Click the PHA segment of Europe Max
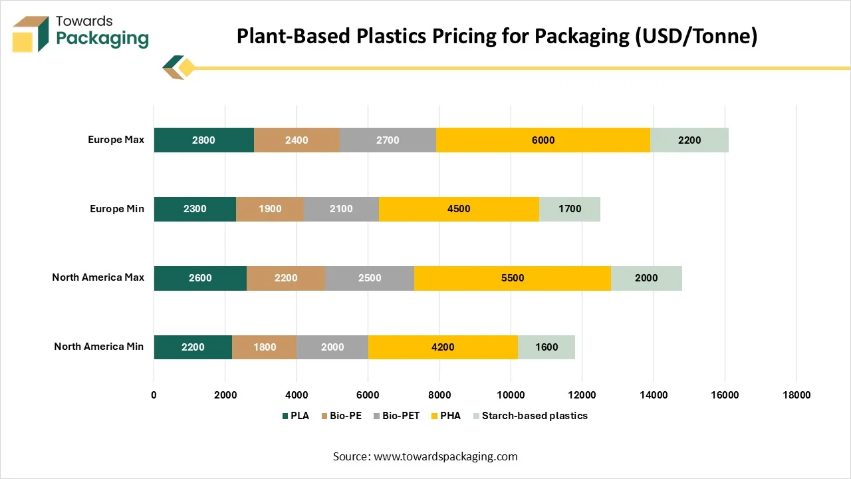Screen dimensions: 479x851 (x=543, y=140)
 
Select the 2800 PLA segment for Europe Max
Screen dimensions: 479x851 (x=203, y=140)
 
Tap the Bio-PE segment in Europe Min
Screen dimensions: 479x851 (x=269, y=209)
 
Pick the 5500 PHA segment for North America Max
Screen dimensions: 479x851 (x=512, y=278)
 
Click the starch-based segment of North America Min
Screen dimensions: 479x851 (x=546, y=347)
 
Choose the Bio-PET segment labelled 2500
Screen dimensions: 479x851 (x=370, y=278)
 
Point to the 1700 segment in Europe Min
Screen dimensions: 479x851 (x=569, y=209)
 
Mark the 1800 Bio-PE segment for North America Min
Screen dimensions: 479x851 (x=264, y=347)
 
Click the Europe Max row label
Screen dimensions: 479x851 (x=116, y=140)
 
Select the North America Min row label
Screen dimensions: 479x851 (x=98, y=347)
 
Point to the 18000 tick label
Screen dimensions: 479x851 (x=796, y=395)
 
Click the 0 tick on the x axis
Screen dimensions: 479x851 (x=154, y=395)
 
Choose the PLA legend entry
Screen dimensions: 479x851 (x=295, y=416)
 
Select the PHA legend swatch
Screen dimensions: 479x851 (x=434, y=416)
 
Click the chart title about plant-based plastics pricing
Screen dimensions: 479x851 (x=497, y=37)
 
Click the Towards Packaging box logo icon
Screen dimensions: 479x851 (x=31, y=33)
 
